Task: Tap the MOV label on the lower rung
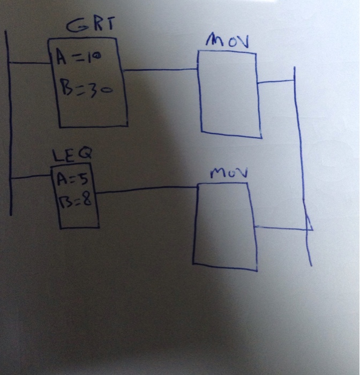pos(224,174)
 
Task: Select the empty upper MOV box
pos(229,94)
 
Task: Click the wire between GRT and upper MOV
pos(161,69)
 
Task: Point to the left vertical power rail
pos(9,123)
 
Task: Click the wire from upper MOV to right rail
pos(276,81)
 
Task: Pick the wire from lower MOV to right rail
pos(281,227)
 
